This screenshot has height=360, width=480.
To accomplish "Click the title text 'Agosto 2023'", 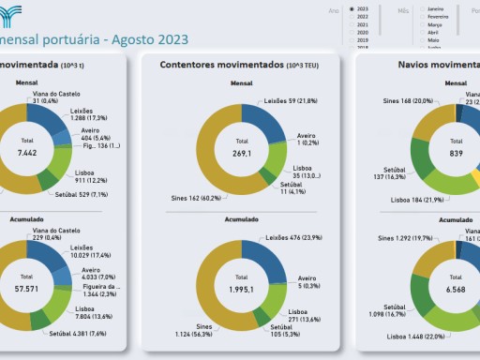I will pyautogui.click(x=149, y=39).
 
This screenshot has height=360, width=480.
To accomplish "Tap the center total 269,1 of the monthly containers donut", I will pyautogui.click(x=241, y=150).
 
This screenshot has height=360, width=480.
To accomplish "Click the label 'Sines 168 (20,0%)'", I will pyautogui.click(x=409, y=100).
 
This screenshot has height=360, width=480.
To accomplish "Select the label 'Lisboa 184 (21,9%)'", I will pyautogui.click(x=417, y=200).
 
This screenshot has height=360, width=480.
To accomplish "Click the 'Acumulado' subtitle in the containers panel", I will pyautogui.click(x=241, y=219).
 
